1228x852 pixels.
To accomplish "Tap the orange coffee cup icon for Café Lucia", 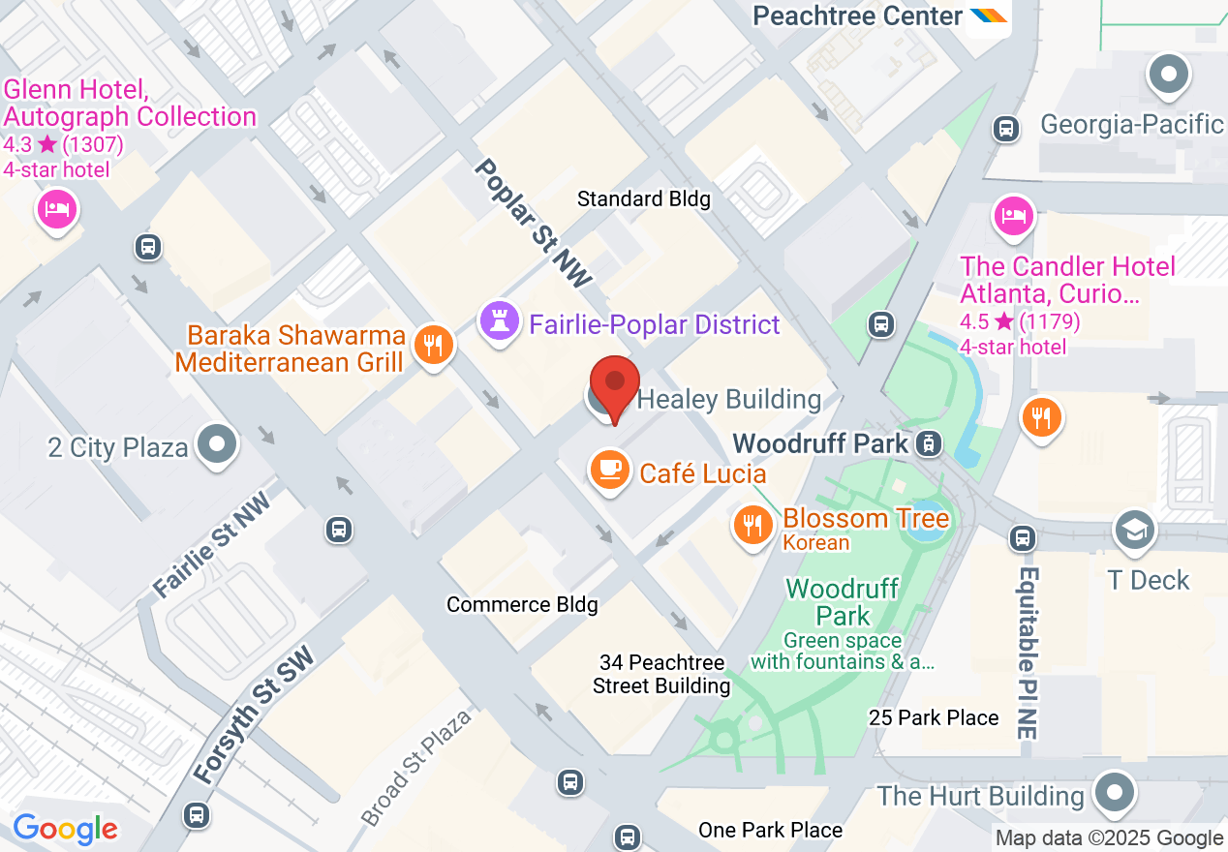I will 609,470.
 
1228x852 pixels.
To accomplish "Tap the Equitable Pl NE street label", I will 1028,653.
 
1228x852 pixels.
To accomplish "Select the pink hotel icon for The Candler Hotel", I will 1013,214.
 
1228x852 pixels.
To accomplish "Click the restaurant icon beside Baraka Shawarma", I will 433,344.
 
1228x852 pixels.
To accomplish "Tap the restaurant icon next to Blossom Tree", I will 752,526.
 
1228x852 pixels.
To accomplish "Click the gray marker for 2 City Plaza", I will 217,445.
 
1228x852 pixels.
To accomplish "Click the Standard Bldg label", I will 643,199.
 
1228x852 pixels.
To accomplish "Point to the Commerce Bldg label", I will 522,604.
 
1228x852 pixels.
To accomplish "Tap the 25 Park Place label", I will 934,717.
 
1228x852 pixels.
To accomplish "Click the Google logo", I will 65,829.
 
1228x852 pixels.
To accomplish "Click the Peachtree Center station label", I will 857,16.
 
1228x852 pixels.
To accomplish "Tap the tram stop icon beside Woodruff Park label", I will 929,443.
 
